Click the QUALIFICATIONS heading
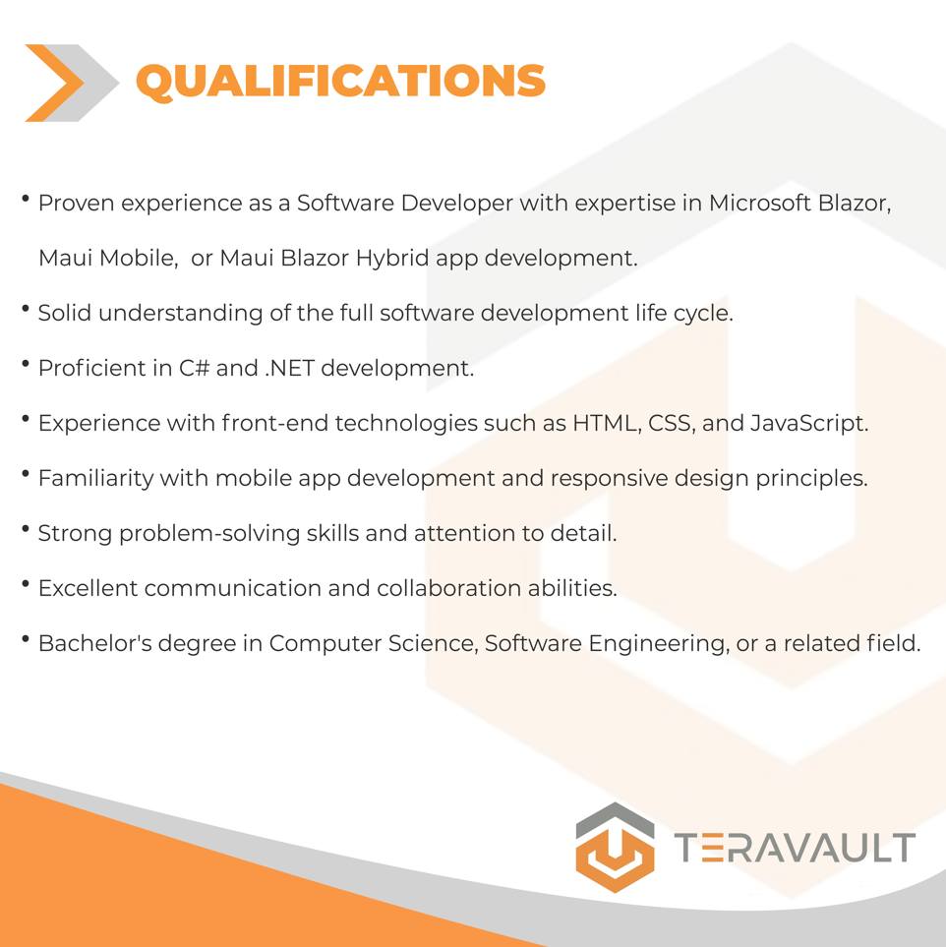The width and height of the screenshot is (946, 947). coord(340,81)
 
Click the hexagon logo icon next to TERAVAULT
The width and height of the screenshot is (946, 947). coord(615,847)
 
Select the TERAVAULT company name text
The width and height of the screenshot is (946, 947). coord(795,848)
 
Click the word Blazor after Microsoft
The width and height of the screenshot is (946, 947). coord(855,203)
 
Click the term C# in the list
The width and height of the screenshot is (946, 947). coord(194,368)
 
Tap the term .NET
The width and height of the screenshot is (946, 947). coord(289,368)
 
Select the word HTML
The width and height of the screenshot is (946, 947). coord(607,423)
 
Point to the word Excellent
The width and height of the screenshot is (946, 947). coord(89,588)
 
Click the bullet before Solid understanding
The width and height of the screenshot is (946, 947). coord(26,309)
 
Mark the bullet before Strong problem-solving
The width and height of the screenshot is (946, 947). coord(26,529)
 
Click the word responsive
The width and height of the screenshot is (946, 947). coord(609,479)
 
